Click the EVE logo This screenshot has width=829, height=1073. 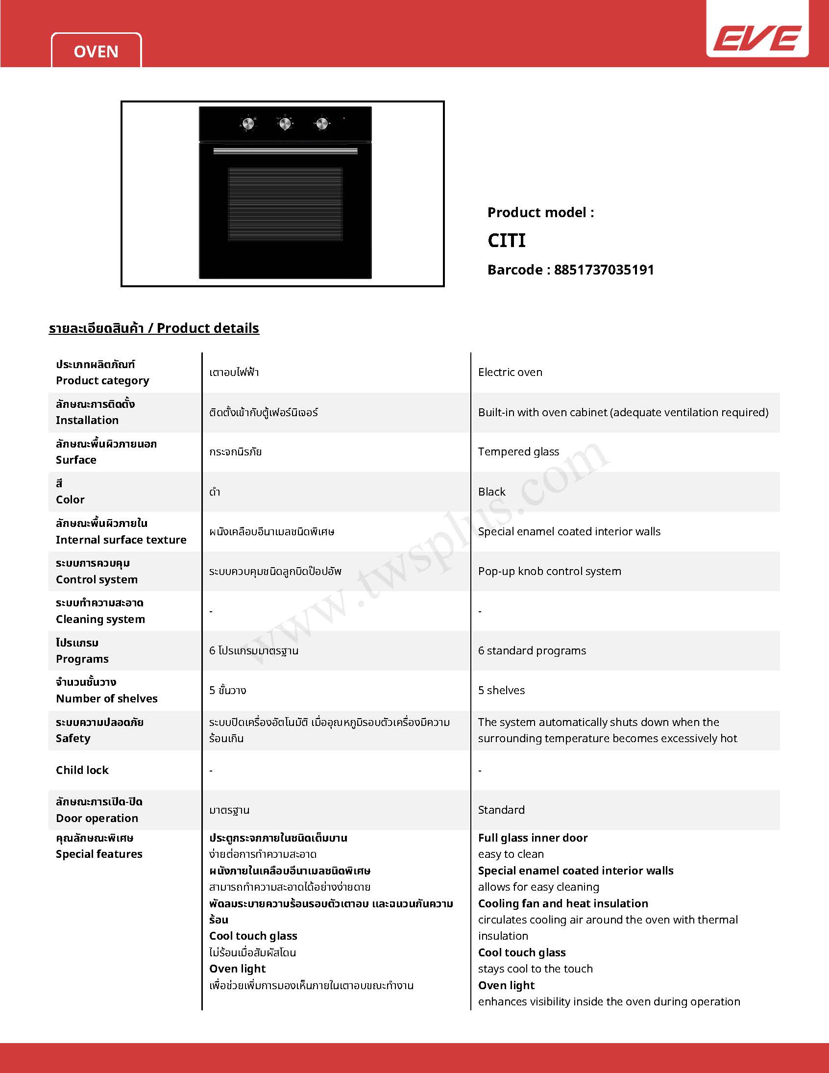pyautogui.click(x=757, y=38)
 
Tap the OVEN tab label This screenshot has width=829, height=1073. pyautogui.click(x=96, y=51)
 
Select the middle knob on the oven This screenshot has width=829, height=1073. pyautogui.click(x=285, y=123)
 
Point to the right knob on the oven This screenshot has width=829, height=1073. pyautogui.click(x=322, y=123)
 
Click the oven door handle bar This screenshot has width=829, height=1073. pyautogui.click(x=285, y=151)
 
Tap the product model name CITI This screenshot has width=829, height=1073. pyautogui.click(x=506, y=241)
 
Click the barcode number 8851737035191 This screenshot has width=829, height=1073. pyautogui.click(x=604, y=270)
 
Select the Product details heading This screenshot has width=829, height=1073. pyautogui.click(x=154, y=328)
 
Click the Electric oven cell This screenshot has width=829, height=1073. pyautogui.click(x=510, y=373)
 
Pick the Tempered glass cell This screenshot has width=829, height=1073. pyautogui.click(x=518, y=451)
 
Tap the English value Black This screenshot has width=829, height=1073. pyautogui.click(x=491, y=492)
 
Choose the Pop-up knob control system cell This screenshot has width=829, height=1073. pyautogui.click(x=549, y=572)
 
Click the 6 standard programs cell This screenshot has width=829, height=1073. pyautogui.click(x=532, y=650)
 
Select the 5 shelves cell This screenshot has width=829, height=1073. pyautogui.click(x=501, y=690)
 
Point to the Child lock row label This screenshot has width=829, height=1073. pyautogui.click(x=82, y=770)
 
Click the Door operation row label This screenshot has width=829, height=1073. pyautogui.click(x=97, y=818)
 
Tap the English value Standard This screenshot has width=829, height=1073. pyautogui.click(x=501, y=810)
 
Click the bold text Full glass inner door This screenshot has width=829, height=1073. pyautogui.click(x=533, y=838)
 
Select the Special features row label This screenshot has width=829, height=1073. pyautogui.click(x=98, y=854)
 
